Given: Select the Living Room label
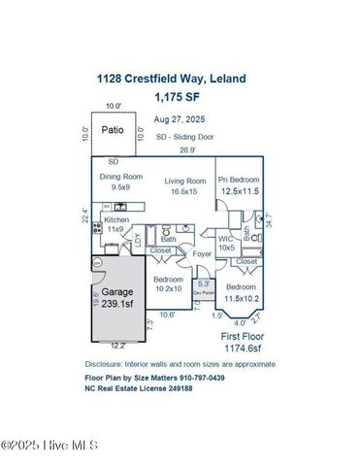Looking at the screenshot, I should point(183,181).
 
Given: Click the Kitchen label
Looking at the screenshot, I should point(116,220).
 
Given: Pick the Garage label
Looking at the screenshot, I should point(116,290).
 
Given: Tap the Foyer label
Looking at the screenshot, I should point(202,254).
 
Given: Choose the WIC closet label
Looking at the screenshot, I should point(226,237).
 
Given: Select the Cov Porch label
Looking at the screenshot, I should point(203,292).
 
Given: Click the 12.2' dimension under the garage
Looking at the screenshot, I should point(116,345).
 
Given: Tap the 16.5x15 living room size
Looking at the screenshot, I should point(183,192).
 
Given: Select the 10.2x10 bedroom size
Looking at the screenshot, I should point(169,287).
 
